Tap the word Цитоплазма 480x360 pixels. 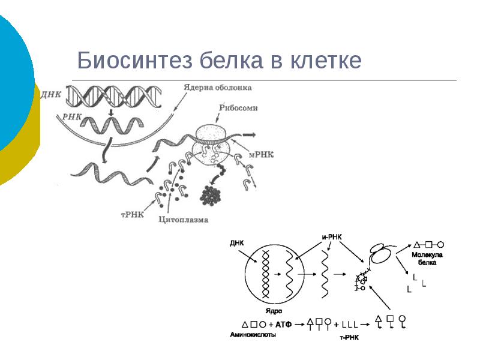pos(184,220)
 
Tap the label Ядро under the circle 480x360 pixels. pos(274,311)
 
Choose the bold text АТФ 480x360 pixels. pos(284,324)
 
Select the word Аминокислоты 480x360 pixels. pos(253,335)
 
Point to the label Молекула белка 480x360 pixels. pos(427,258)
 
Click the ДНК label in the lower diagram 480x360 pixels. pos(237,244)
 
